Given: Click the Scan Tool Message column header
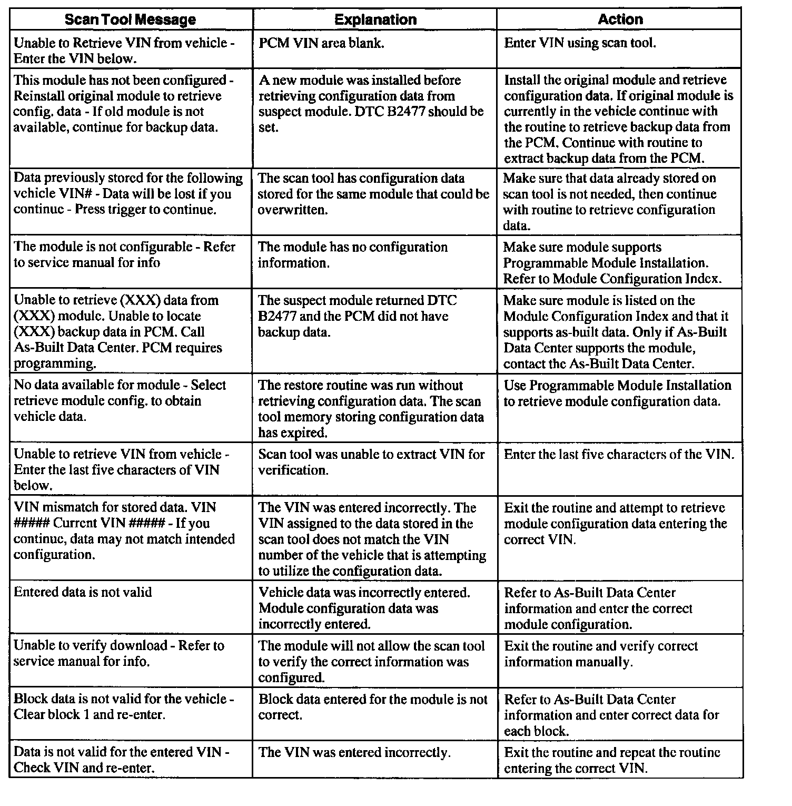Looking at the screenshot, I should click(x=130, y=20).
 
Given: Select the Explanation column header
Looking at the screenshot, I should click(x=375, y=20).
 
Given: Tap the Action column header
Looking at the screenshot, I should click(x=620, y=20).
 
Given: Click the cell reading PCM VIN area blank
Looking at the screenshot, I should click(x=321, y=43).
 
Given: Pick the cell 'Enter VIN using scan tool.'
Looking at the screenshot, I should click(x=580, y=43).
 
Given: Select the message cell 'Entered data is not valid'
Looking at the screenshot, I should click(x=83, y=593).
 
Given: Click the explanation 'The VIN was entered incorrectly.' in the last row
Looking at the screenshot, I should click(x=354, y=753).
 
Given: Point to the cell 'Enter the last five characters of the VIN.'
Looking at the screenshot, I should click(x=619, y=455).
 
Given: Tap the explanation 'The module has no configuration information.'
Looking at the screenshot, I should click(x=353, y=255).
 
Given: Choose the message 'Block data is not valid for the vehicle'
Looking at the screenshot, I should click(x=124, y=707).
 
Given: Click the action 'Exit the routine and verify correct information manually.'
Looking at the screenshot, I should click(x=601, y=654).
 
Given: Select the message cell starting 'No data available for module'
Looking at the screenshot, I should click(x=120, y=401).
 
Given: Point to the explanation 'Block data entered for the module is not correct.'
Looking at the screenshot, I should click(x=373, y=707).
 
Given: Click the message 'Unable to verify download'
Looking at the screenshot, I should click(x=119, y=654).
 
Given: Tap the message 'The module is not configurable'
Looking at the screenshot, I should click(x=124, y=255).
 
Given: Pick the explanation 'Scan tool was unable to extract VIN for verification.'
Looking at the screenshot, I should click(x=371, y=462).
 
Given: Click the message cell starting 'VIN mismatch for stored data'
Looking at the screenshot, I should click(x=124, y=531).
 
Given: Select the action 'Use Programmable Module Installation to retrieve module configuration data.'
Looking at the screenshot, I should click(x=617, y=394).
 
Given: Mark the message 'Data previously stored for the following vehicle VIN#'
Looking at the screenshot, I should click(x=128, y=194).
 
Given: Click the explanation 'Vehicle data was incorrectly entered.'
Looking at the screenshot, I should click(x=364, y=608).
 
